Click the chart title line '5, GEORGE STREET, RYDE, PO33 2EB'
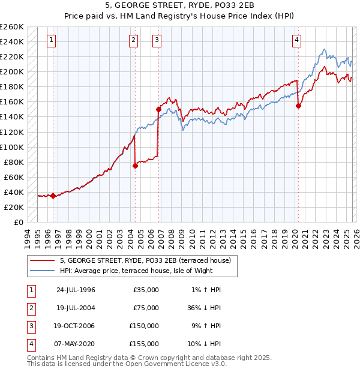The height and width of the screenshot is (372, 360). (179, 5)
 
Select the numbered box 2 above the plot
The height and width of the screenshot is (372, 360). (133, 40)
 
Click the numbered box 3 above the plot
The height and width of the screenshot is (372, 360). (157, 40)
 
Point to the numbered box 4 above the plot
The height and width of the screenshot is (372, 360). (296, 40)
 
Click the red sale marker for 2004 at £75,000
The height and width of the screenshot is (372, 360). (135, 166)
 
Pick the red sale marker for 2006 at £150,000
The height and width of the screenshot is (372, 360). (159, 109)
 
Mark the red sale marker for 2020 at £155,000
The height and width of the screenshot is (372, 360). (298, 106)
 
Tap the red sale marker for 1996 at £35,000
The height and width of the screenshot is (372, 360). (53, 196)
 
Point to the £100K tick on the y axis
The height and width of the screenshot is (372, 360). (11, 147)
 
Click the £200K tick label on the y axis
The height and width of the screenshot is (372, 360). (11, 71)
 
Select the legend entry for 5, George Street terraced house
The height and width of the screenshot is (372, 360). (149, 260)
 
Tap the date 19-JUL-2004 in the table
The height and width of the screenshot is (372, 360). (76, 307)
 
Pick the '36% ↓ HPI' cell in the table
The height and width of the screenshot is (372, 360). (203, 307)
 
